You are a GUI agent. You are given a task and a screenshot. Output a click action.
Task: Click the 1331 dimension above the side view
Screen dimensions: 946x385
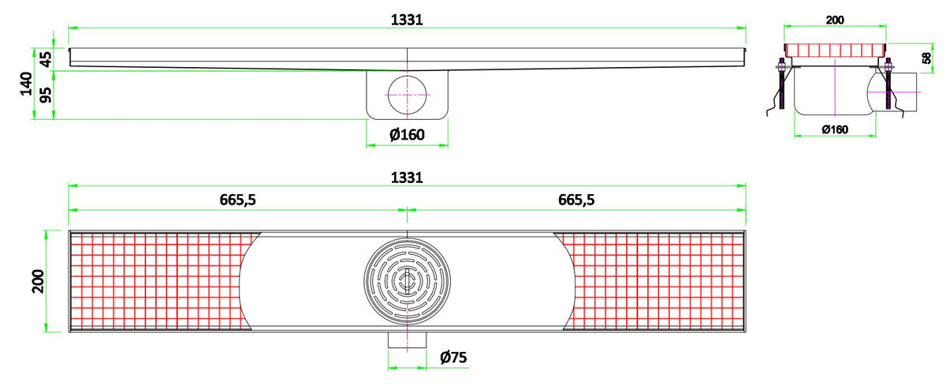pos(407,20)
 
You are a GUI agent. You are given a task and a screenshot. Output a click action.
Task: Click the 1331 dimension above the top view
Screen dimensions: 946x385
pos(407,178)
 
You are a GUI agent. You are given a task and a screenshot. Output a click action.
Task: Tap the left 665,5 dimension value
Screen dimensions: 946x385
pos(238,200)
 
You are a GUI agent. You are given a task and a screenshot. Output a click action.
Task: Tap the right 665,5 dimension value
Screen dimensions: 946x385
pos(576,200)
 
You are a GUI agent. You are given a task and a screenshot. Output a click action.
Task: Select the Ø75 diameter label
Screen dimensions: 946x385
pos(453,357)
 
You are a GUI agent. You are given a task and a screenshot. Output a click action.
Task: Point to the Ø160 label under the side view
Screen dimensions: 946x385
pos(407,135)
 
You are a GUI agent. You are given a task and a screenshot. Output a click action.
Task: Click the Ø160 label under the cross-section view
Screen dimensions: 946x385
pos(835,129)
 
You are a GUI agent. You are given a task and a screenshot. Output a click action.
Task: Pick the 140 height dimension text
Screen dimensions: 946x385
pos(27,84)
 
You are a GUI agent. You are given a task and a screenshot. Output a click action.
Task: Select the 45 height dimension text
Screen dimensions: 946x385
pos(46,59)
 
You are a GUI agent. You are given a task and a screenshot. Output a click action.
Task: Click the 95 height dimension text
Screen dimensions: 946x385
pos(46,95)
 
